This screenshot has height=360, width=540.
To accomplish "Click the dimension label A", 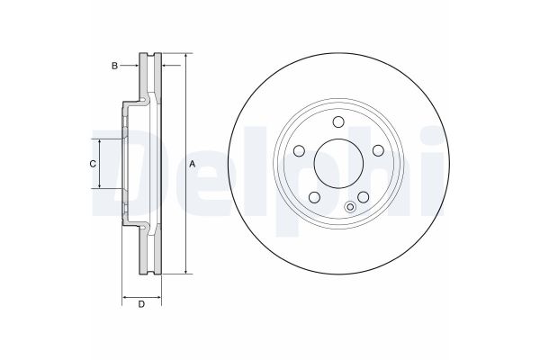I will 193,164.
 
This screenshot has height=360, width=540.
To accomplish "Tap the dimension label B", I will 114,66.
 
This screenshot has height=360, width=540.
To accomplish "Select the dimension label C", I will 92,164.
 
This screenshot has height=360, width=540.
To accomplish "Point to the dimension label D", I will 141,303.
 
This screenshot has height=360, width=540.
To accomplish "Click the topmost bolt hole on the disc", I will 338,122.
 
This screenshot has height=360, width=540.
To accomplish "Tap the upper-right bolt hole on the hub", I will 378,150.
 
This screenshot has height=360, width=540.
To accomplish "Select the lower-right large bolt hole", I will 364,198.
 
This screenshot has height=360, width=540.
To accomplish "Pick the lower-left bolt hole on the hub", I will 314,198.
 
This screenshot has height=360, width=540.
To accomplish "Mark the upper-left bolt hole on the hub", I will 299,150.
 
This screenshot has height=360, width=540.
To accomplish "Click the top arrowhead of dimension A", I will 185,58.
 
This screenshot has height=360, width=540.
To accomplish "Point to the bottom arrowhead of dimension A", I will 185,270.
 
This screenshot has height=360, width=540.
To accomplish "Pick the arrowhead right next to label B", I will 136,66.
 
